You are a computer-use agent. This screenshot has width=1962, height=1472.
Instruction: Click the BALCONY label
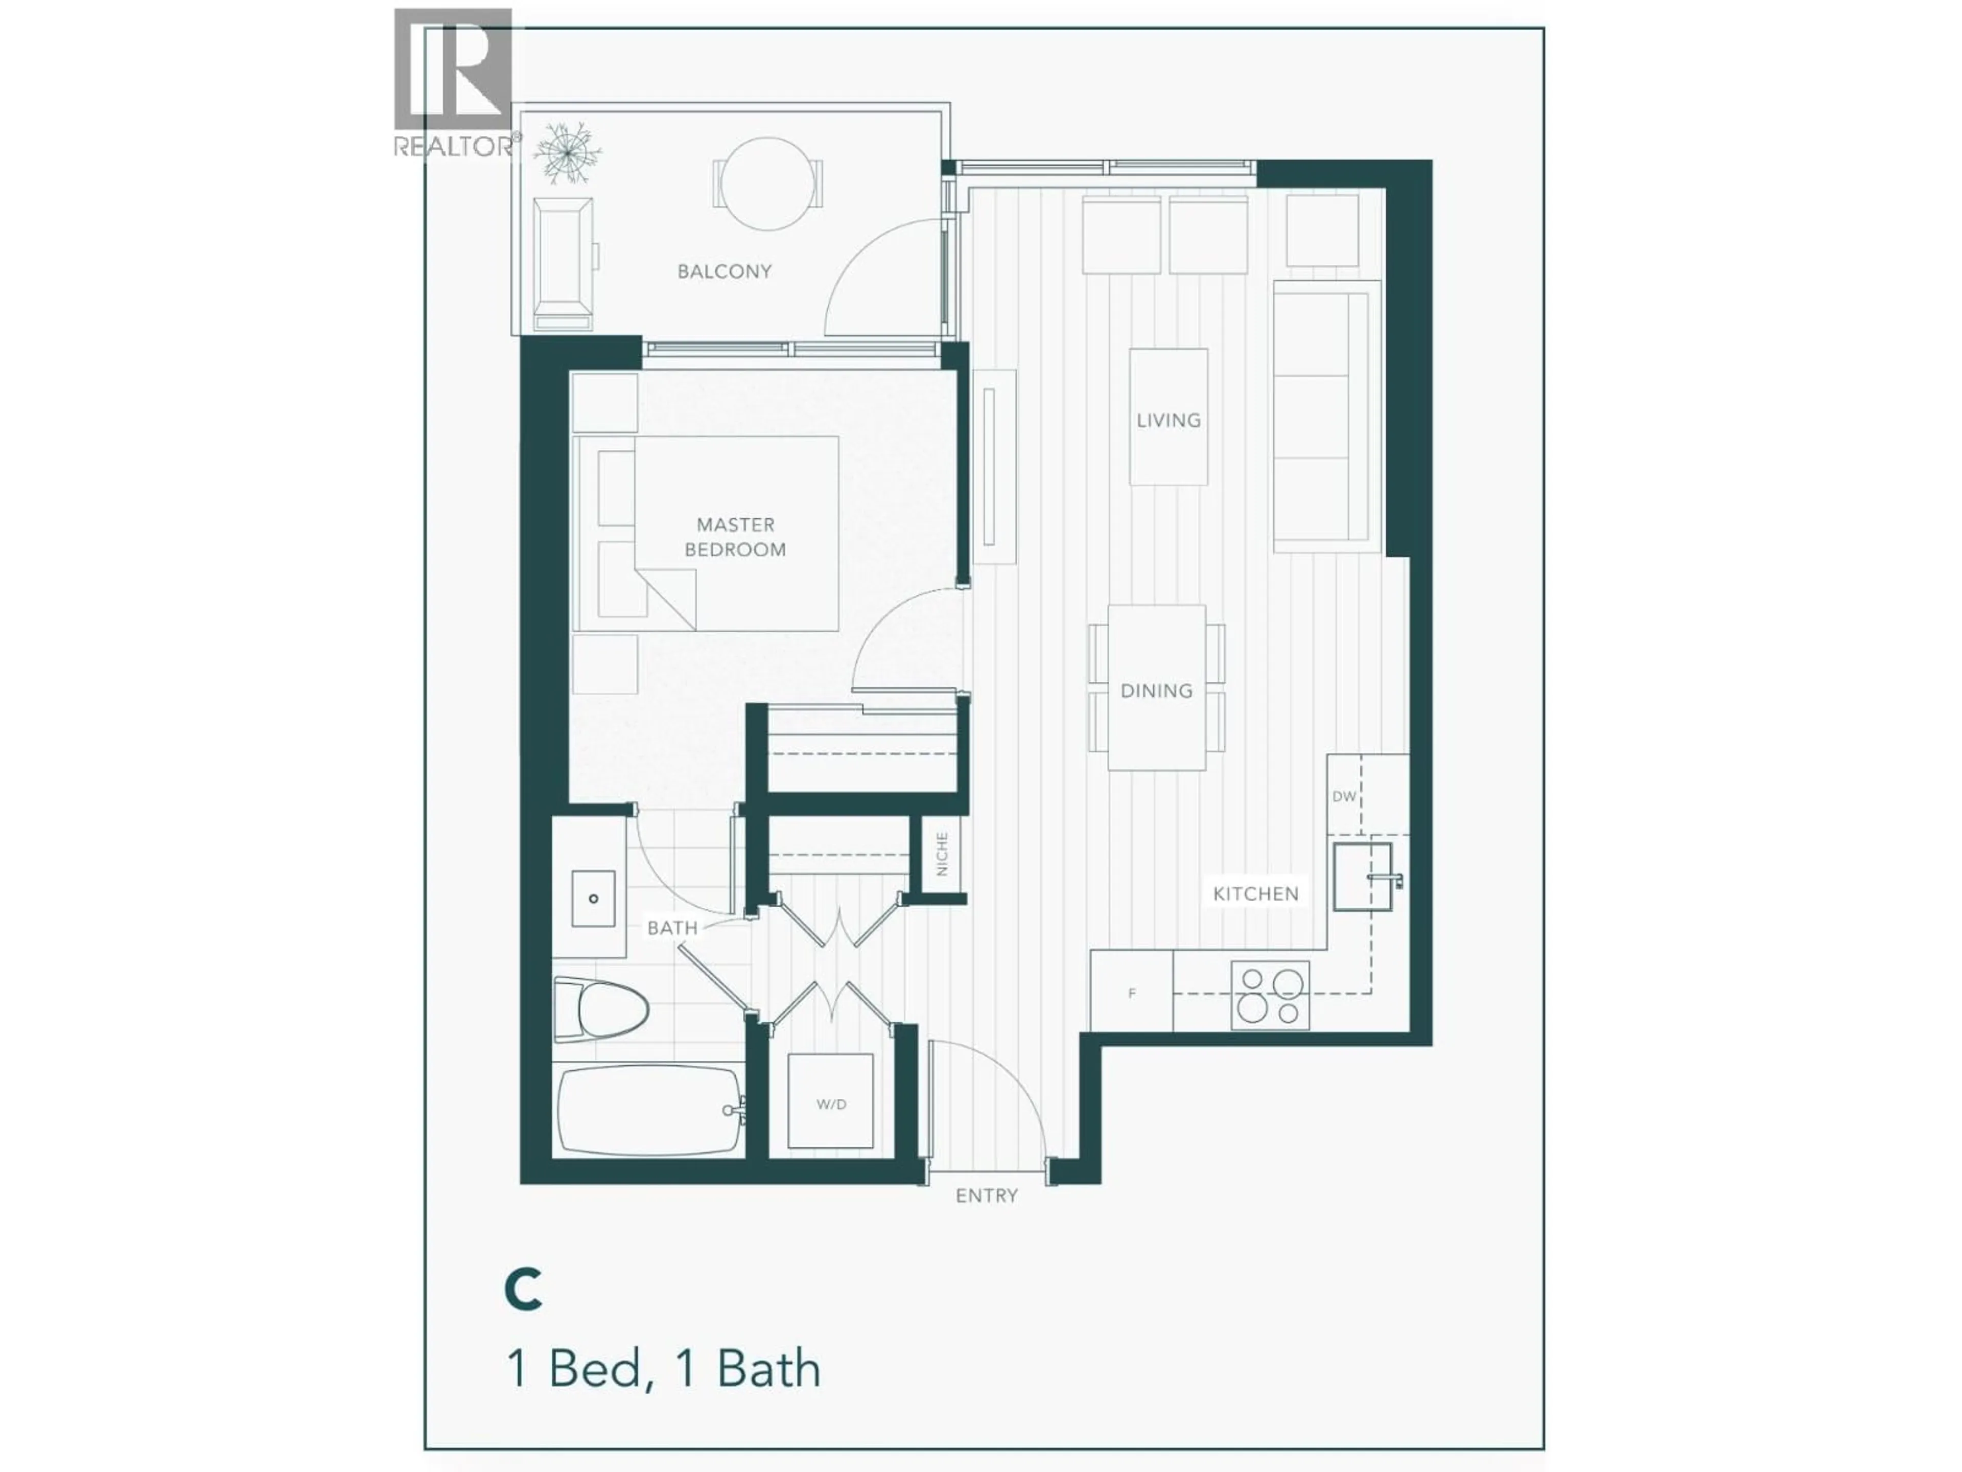724,271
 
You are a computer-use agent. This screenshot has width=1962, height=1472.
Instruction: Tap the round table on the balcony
768,183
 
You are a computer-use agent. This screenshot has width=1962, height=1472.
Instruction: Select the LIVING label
1168,421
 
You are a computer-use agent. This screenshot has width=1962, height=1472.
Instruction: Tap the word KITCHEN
1255,893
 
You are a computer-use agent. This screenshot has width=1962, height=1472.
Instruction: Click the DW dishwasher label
1344,796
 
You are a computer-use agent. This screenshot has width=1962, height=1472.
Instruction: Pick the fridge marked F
1132,993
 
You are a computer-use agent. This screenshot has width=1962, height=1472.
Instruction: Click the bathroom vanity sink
593,898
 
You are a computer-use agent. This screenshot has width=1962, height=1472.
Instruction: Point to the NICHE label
942,854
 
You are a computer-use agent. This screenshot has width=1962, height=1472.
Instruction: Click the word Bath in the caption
768,1369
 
